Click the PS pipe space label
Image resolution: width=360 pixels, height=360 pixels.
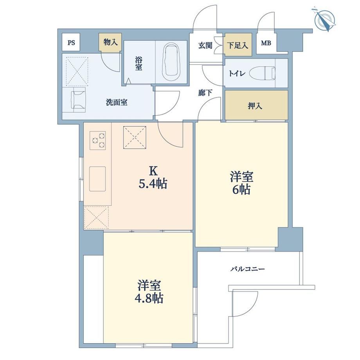(71, 43)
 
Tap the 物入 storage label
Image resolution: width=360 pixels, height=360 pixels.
(111, 42)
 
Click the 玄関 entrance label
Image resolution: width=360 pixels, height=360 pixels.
(205, 45)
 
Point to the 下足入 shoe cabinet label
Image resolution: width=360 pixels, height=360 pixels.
(238, 45)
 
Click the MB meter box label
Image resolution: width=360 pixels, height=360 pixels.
(266, 43)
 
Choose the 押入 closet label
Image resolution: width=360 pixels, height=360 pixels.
(255, 106)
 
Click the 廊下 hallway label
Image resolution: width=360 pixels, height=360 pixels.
(205, 93)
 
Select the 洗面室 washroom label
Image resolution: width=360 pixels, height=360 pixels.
(117, 102)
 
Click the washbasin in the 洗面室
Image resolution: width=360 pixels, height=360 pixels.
(78, 100)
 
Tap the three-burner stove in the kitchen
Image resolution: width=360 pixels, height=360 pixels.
(97, 140)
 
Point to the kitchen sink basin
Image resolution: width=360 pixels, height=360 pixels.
(97, 179)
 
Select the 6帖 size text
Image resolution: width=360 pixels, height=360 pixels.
(241, 190)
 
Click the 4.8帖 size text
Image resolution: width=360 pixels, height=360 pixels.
(149, 298)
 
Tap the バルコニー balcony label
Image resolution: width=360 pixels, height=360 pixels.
(247, 268)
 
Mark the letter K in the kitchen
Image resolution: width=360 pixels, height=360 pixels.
(153, 171)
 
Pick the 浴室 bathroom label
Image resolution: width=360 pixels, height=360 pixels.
(139, 64)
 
